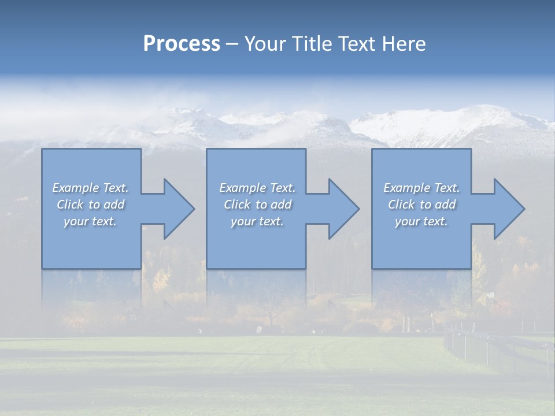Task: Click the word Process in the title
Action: (182, 44)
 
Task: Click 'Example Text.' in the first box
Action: (91, 188)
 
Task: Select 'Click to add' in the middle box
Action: (257, 205)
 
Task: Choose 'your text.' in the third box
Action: (421, 221)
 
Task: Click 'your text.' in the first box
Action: (91, 221)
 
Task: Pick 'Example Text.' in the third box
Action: (421, 188)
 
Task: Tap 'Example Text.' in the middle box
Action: (257, 188)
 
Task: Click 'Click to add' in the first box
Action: (91, 205)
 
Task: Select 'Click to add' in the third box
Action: (421, 205)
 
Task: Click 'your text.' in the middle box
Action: (257, 221)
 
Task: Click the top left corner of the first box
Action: (42, 149)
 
